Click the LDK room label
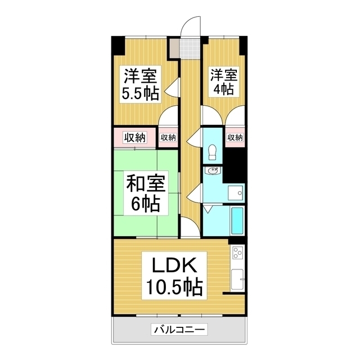tap(172, 265)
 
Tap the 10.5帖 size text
tap(172, 288)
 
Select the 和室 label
tap(145, 183)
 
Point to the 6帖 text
tap(145, 204)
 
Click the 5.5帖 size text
tap(140, 93)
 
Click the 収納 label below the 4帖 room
tap(235, 137)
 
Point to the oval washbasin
tap(212, 172)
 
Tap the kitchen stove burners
tap(237, 253)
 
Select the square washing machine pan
tap(235, 193)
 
